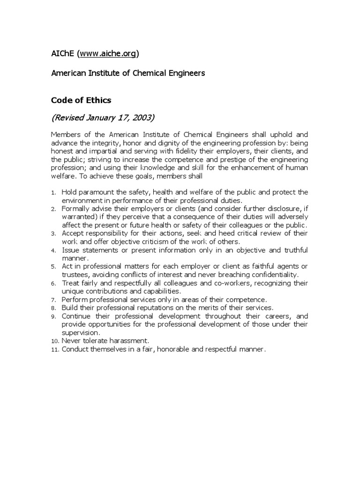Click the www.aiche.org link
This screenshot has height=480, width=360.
point(108,54)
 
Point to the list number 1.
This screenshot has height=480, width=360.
point(54,193)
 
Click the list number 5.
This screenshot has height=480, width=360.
point(54,267)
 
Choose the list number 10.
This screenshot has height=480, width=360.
point(55,340)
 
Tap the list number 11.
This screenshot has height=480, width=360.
point(55,349)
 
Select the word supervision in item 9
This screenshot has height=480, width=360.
point(81,332)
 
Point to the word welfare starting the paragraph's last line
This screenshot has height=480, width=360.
point(63,176)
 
